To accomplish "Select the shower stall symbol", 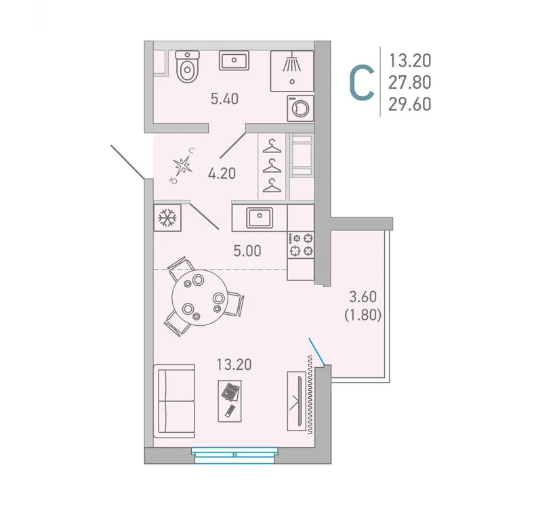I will tap(292, 70).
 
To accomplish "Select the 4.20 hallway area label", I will tap(222, 173).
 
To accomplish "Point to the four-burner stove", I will tap(301, 244).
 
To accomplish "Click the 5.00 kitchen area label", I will tap(247, 251).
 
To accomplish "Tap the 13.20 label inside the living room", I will tap(234, 365).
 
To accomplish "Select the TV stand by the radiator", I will tap(296, 400).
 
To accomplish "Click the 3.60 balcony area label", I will tap(363, 296).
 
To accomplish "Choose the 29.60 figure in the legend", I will tap(409, 103).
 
